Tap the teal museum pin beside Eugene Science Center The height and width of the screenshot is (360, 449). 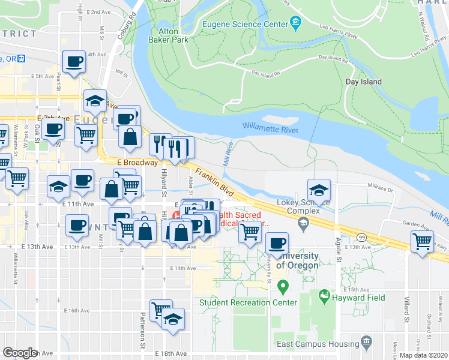click(295, 24)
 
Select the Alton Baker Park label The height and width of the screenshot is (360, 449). click(168, 35)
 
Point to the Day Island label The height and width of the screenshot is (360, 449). click(364, 82)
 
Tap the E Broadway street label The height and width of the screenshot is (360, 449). click(137, 163)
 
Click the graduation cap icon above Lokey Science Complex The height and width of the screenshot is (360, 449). click(319, 190)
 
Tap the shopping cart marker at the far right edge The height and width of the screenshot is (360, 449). click(423, 242)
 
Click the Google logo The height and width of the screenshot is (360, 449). click(20, 353)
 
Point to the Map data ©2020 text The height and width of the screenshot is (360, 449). click(423, 355)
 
